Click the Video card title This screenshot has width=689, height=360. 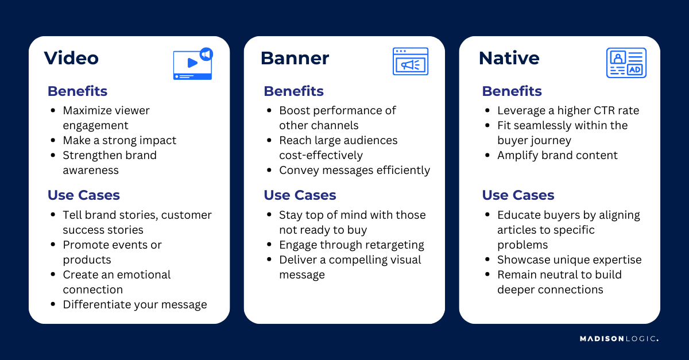[x=71, y=58]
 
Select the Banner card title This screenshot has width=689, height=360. [x=295, y=58]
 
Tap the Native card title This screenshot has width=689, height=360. [x=509, y=58]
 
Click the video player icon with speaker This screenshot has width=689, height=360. [x=193, y=63]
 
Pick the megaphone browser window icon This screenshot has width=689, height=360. [x=410, y=61]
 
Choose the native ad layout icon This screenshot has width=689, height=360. [x=626, y=63]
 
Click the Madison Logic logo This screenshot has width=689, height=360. [x=619, y=339]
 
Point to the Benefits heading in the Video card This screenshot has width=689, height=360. [x=77, y=91]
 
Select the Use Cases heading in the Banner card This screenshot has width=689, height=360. [x=300, y=195]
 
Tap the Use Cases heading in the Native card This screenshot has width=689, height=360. [x=518, y=195]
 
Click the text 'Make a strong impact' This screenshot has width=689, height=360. [x=119, y=140]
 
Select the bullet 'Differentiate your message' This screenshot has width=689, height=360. [x=135, y=304]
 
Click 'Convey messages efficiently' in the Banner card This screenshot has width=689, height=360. [x=354, y=170]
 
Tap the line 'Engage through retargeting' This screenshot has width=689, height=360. [x=351, y=245]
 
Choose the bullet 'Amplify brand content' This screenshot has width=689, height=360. [x=558, y=155]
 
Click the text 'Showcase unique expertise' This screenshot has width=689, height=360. [x=569, y=260]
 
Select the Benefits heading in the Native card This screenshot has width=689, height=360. [x=512, y=91]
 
